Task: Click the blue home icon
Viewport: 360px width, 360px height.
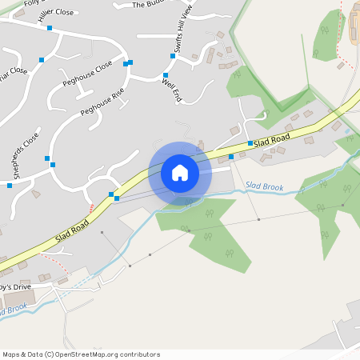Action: tap(180, 172)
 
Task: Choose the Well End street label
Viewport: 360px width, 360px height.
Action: tap(172, 89)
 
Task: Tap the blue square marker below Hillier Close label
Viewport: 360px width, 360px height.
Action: tap(50, 28)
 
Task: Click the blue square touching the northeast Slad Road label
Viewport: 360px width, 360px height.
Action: tap(250, 143)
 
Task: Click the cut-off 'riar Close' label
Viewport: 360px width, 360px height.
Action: tap(14, 72)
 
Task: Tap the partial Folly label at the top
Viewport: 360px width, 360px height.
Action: tap(32, 3)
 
